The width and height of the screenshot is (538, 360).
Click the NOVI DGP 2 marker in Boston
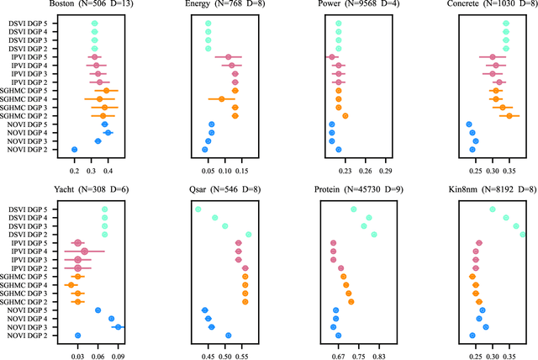tap(74, 150)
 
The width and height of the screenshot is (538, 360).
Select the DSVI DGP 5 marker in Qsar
tap(198, 209)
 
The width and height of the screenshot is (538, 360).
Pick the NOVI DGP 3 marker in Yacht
tap(119, 326)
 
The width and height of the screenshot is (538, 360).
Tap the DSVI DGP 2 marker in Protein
tap(374, 235)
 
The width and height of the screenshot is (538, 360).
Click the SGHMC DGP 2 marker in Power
tap(345, 116)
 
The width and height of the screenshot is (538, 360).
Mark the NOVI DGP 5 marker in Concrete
tap(469, 124)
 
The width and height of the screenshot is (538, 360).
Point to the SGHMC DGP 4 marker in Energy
tap(221, 99)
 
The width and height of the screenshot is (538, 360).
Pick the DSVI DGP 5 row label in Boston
tap(25, 24)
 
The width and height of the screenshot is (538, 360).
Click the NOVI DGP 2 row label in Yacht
tap(25, 335)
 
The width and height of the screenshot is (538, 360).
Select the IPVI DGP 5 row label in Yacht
tap(25, 243)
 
